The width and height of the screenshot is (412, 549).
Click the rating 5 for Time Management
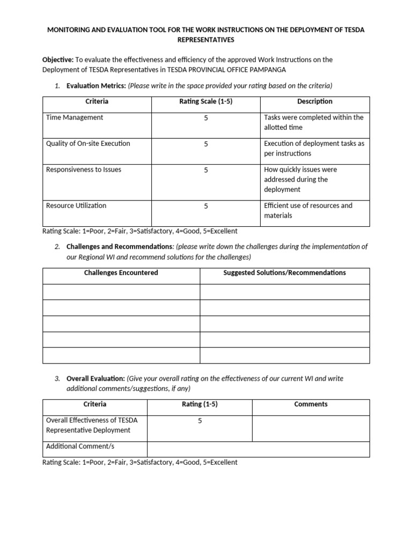click(x=205, y=118)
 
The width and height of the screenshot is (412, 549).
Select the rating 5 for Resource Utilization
click(x=205, y=206)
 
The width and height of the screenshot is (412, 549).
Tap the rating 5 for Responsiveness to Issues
click(x=205, y=170)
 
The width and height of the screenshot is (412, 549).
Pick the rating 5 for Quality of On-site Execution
click(x=205, y=144)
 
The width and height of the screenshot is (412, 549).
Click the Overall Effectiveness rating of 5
click(x=200, y=421)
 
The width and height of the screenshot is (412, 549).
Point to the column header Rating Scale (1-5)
click(x=205, y=101)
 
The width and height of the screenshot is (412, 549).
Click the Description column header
click(x=314, y=101)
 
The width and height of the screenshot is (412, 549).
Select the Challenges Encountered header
click(x=121, y=273)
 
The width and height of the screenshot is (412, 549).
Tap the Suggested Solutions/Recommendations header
click(x=284, y=273)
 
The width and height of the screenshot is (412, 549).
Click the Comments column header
click(x=311, y=404)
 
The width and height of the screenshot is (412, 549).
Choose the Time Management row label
click(x=75, y=117)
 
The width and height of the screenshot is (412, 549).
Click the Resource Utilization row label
click(x=76, y=206)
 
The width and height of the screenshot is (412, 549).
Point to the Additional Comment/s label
click(x=80, y=447)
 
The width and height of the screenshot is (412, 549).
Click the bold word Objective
click(x=58, y=60)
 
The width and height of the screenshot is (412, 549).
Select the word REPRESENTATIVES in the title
click(x=205, y=40)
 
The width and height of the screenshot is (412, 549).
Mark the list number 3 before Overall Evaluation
click(x=57, y=379)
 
